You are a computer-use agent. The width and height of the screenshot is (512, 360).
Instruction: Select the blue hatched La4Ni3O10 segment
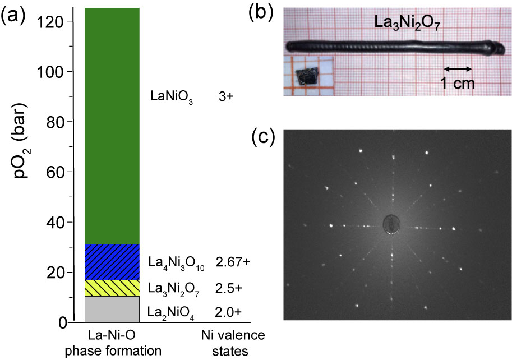coord(112,262)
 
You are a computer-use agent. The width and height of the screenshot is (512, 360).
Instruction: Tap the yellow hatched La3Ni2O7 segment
coord(112,288)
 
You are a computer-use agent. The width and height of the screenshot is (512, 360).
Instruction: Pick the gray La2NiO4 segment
coord(112,309)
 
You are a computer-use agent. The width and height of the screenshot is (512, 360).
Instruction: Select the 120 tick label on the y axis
coord(50,21)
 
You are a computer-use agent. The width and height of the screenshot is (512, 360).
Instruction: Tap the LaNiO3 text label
coord(171,97)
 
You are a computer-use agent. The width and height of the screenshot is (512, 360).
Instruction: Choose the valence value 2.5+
coord(228,288)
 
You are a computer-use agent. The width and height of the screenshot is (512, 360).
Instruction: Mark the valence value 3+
coord(225,97)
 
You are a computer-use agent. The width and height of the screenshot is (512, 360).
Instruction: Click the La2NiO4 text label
coord(171,312)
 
